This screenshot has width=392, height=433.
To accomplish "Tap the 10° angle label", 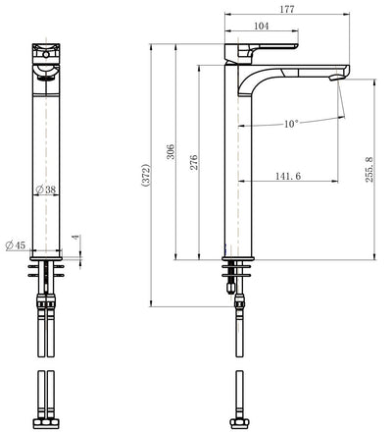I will coord(291,124).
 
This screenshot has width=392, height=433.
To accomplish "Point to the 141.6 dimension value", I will coord(288,176).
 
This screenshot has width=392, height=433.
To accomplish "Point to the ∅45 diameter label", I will coord(15,244).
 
